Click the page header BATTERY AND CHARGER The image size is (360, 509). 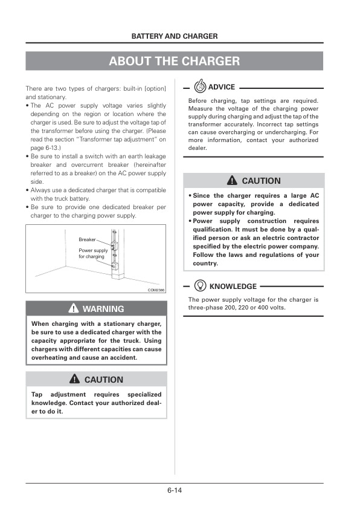175,36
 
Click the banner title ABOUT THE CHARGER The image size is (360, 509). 175,61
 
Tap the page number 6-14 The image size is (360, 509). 175,490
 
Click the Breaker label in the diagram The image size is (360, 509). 87,239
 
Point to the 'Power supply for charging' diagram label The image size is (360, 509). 93,253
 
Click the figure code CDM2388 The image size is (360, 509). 156,290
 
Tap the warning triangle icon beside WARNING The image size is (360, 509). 73,309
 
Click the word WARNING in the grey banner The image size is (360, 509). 103,309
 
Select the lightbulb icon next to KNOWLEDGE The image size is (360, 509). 200,286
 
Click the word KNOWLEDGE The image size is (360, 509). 233,287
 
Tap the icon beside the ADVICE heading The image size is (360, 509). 200,87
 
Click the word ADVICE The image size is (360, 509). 221,87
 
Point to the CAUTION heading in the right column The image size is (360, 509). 261,181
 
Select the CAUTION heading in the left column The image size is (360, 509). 103,380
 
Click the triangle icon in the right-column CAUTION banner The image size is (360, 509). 232,181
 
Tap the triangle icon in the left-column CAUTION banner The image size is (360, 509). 75,380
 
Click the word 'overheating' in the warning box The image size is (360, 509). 50,357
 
